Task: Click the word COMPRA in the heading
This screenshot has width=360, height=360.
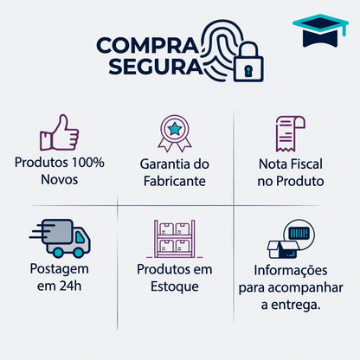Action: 148,46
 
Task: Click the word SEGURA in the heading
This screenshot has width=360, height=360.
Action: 156,67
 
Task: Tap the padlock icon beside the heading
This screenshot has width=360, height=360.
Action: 248,61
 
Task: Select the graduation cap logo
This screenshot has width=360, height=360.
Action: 320,30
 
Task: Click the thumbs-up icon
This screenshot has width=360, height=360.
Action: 59,133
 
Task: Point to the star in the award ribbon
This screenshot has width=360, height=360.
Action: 175,129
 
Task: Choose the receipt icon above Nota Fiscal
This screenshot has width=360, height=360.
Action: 290,133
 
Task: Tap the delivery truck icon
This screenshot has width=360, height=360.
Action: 60,238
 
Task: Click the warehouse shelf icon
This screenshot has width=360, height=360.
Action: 175,239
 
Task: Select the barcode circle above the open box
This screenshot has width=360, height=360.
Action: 299,234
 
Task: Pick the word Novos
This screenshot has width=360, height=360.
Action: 60,180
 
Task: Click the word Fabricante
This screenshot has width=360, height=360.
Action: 175,182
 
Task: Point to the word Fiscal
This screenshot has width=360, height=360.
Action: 306,164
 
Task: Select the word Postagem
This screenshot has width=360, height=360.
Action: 60,269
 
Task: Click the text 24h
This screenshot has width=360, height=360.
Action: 70,286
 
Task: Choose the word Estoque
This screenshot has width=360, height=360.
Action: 175,286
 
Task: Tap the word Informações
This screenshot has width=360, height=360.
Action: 291,271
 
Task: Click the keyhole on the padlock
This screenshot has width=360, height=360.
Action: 248,70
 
